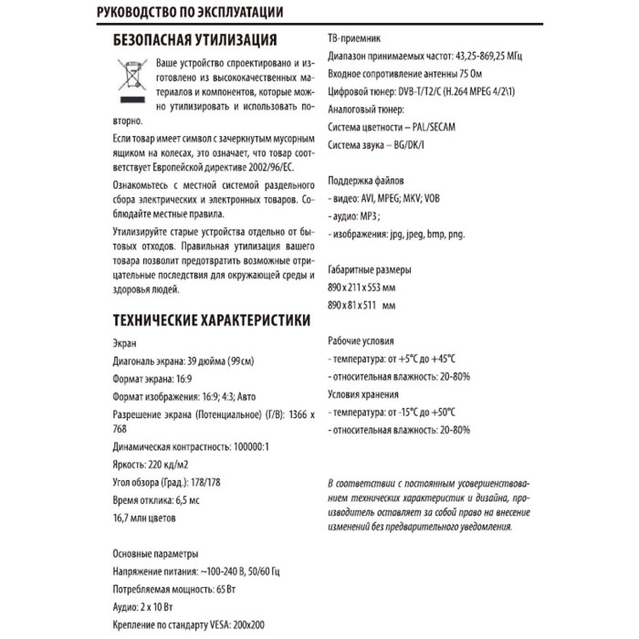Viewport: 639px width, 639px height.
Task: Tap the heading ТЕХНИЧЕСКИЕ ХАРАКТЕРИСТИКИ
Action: tap(210, 321)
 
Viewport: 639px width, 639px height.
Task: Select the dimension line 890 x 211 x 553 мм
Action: tap(364, 288)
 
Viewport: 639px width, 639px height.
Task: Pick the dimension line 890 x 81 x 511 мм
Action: tap(362, 306)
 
